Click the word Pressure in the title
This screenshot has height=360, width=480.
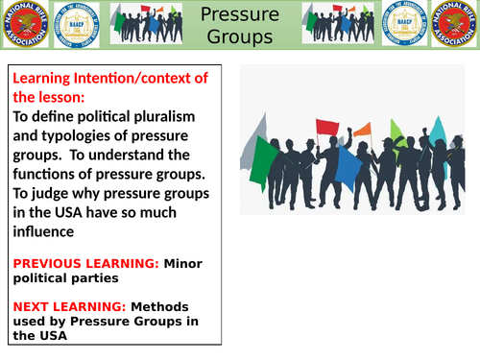pos(241,14)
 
